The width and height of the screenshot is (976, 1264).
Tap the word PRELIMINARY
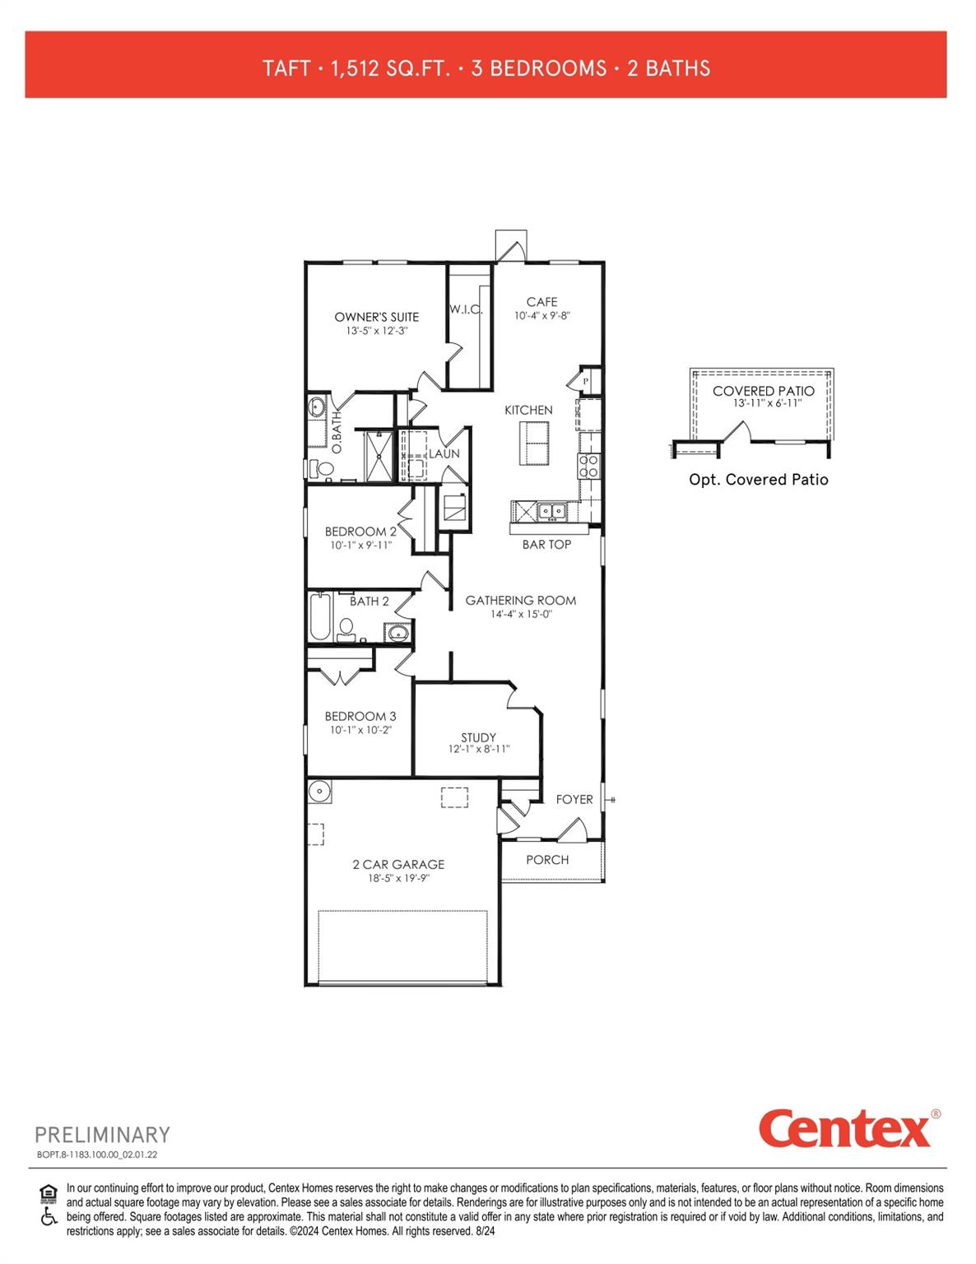pyautogui.click(x=102, y=1135)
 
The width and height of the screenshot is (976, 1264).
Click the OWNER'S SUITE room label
pyautogui.click(x=376, y=317)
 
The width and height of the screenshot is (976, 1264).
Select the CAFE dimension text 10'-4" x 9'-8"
pyautogui.click(x=541, y=315)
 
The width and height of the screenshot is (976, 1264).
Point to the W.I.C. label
pyautogui.click(x=466, y=310)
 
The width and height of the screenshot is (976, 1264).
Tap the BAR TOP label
pyautogui.click(x=546, y=544)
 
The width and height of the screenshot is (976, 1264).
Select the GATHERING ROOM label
pyautogui.click(x=520, y=600)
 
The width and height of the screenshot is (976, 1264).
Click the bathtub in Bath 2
pyautogui.click(x=319, y=617)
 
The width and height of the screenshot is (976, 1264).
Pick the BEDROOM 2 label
pyautogui.click(x=360, y=532)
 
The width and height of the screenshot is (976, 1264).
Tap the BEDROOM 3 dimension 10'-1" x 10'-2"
pyautogui.click(x=360, y=729)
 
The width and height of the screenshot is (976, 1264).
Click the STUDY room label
pyautogui.click(x=478, y=737)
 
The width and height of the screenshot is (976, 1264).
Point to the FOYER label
pyautogui.click(x=574, y=799)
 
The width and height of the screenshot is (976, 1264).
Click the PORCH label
pyautogui.click(x=547, y=859)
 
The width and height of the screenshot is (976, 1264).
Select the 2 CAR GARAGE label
pyautogui.click(x=398, y=864)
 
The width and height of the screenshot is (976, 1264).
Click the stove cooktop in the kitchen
pyautogui.click(x=589, y=467)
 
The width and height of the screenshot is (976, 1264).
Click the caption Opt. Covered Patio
pyautogui.click(x=758, y=480)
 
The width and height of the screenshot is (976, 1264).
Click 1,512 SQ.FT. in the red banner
pyautogui.click(x=390, y=67)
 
